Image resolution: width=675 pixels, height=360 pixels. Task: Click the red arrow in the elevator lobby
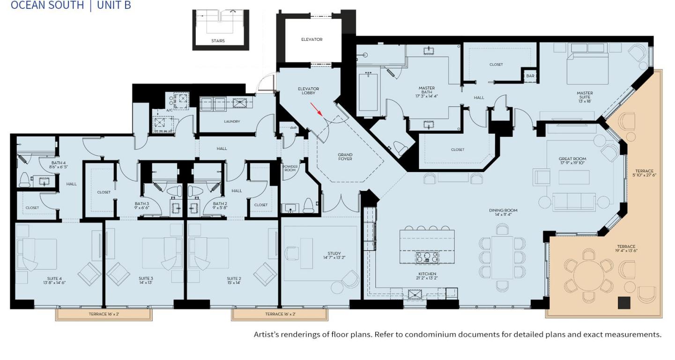[317, 110]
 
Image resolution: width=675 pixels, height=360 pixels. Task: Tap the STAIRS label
[218, 41]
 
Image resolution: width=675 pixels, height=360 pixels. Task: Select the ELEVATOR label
[312, 39]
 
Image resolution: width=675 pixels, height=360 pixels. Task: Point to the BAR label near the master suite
[530, 76]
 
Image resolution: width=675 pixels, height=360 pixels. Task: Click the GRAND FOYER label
[345, 157]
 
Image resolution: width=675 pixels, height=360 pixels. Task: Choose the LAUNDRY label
[232, 121]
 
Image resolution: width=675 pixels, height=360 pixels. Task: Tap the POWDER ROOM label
[290, 168]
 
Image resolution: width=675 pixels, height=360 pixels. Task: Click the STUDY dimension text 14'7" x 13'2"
[334, 258]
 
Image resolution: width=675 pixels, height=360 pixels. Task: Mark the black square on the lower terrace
[624, 303]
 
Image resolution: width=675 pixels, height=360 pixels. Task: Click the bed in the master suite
[588, 68]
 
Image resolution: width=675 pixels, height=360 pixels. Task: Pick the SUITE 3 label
[146, 280]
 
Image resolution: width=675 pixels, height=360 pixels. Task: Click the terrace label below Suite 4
[104, 314]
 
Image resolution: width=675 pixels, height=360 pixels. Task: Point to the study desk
[306, 253]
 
